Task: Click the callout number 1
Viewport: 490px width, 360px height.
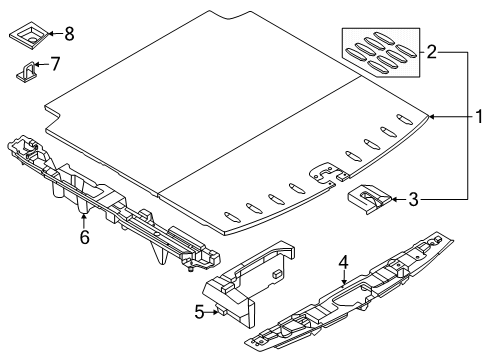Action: (x=479, y=117)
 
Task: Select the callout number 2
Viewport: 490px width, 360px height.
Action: (x=431, y=52)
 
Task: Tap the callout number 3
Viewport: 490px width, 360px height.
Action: (x=413, y=199)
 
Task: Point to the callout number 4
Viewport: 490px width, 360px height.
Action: (x=343, y=262)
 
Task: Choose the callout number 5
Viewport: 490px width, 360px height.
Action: (x=199, y=312)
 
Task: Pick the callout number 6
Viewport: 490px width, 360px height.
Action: (x=85, y=237)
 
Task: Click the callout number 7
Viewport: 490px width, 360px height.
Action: (x=55, y=64)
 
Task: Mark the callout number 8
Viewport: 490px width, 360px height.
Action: (x=69, y=34)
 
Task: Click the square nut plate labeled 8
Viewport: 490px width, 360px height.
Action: (x=29, y=36)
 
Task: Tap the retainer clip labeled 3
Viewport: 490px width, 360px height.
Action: (x=369, y=199)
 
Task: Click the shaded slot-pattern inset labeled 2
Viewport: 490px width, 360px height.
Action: (x=381, y=52)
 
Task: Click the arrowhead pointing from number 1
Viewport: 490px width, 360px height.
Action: (x=431, y=117)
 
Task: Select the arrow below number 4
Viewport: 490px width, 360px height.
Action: (x=344, y=277)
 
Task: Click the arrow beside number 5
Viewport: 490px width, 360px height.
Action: (x=212, y=312)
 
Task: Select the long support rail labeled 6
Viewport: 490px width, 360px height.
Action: (x=113, y=200)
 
